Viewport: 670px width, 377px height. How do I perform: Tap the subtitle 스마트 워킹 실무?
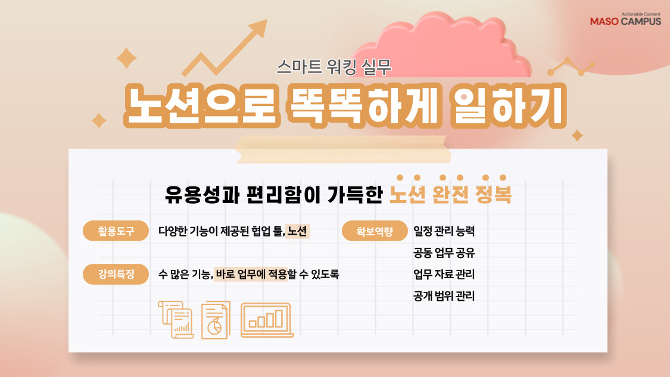click(334, 67)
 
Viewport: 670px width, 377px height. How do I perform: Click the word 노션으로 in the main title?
click(200, 107)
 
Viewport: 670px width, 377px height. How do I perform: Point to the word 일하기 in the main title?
click(506, 107)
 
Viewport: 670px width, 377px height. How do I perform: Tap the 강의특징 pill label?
click(116, 275)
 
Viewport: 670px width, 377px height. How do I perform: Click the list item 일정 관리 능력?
click(444, 231)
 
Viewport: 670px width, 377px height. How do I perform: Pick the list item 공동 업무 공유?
click(444, 253)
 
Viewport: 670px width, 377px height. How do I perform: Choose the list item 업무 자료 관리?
click(444, 275)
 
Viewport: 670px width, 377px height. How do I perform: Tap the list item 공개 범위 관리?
click(444, 296)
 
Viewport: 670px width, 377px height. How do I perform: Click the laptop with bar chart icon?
click(266, 319)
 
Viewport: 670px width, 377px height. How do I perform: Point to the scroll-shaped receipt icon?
click(176, 320)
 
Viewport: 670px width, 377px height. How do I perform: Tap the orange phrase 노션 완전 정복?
click(450, 195)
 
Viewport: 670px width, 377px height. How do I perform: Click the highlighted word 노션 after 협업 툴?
click(297, 232)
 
